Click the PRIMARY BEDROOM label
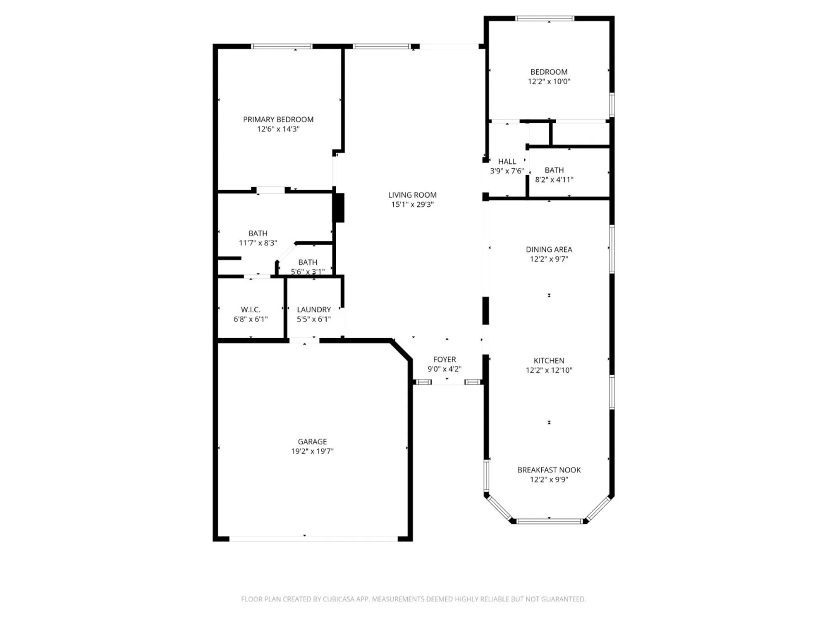[278, 119]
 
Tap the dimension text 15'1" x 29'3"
[412, 205]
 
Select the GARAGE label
[312, 441]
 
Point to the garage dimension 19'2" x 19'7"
[312, 451]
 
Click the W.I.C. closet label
[251, 310]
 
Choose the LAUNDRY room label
[314, 310]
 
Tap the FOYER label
[445, 360]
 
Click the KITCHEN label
[549, 361]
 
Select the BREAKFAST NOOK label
[549, 470]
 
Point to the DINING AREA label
[549, 250]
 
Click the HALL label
[507, 162]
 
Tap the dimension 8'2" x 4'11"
[554, 180]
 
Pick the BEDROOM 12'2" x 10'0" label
[549, 72]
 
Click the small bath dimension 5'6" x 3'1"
[308, 272]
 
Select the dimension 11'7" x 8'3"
[258, 243]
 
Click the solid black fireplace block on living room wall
[339, 207]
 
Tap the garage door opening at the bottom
[313, 539]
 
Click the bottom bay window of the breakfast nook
[549, 521]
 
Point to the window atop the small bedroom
[545, 18]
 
